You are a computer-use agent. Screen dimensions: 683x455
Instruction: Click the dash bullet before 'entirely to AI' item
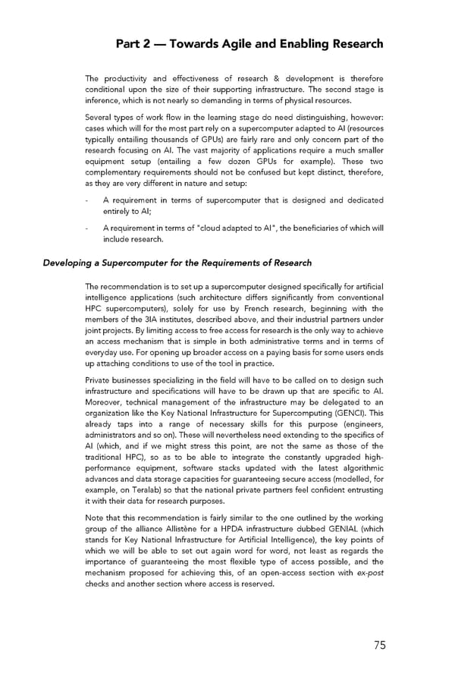pos(88,200)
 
